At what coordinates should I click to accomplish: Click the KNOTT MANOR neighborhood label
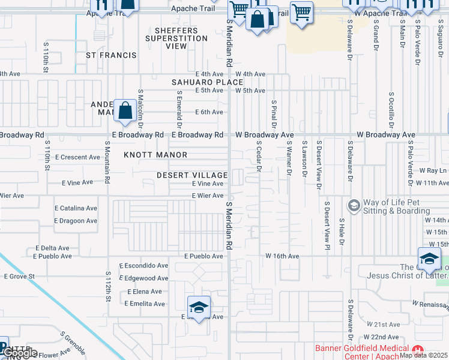[155, 155]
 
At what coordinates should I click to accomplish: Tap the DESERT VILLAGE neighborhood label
[191, 175]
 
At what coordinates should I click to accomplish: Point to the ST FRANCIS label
[111, 55]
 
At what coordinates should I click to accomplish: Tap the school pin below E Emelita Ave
[199, 308]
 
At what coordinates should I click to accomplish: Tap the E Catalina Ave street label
[75, 208]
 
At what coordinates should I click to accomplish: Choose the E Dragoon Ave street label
[75, 221]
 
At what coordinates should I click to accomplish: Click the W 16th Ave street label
[282, 256]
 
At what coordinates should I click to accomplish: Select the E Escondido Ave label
[143, 265]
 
